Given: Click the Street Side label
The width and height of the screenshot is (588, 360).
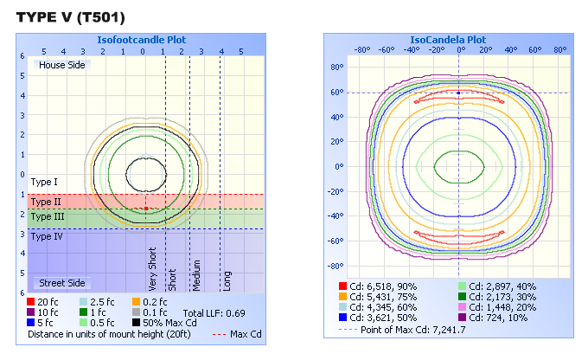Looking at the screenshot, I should pyautogui.click(x=61, y=283).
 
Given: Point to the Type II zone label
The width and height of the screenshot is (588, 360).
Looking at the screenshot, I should pyautogui.click(x=46, y=201).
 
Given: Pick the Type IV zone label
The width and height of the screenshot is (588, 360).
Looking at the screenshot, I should pyautogui.click(x=47, y=236).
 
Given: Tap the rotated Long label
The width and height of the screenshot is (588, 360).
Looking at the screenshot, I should pyautogui.click(x=227, y=279).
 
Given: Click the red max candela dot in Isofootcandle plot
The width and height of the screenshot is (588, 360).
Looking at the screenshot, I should pyautogui.click(x=146, y=209).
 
